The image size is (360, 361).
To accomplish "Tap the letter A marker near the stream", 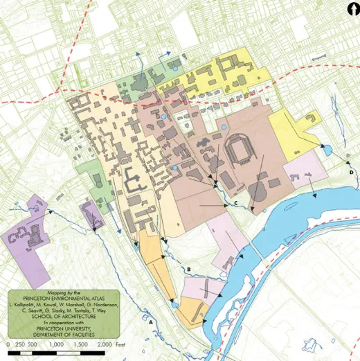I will (150, 321).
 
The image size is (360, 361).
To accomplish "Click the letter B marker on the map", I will (188, 270).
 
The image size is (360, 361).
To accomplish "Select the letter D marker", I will (352, 172).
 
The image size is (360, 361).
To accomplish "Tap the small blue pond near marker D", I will (327, 148).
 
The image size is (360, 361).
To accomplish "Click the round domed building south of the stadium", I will (257, 190).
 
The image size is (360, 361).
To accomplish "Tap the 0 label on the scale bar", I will (9, 344).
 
